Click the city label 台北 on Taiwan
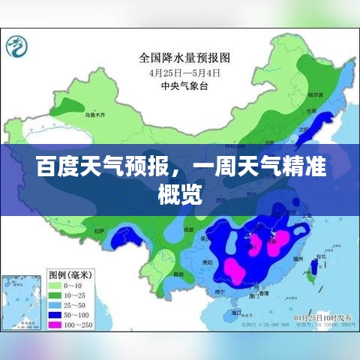(x=321, y=256)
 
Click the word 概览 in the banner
(x=179, y=194)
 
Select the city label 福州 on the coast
(x=299, y=258)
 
